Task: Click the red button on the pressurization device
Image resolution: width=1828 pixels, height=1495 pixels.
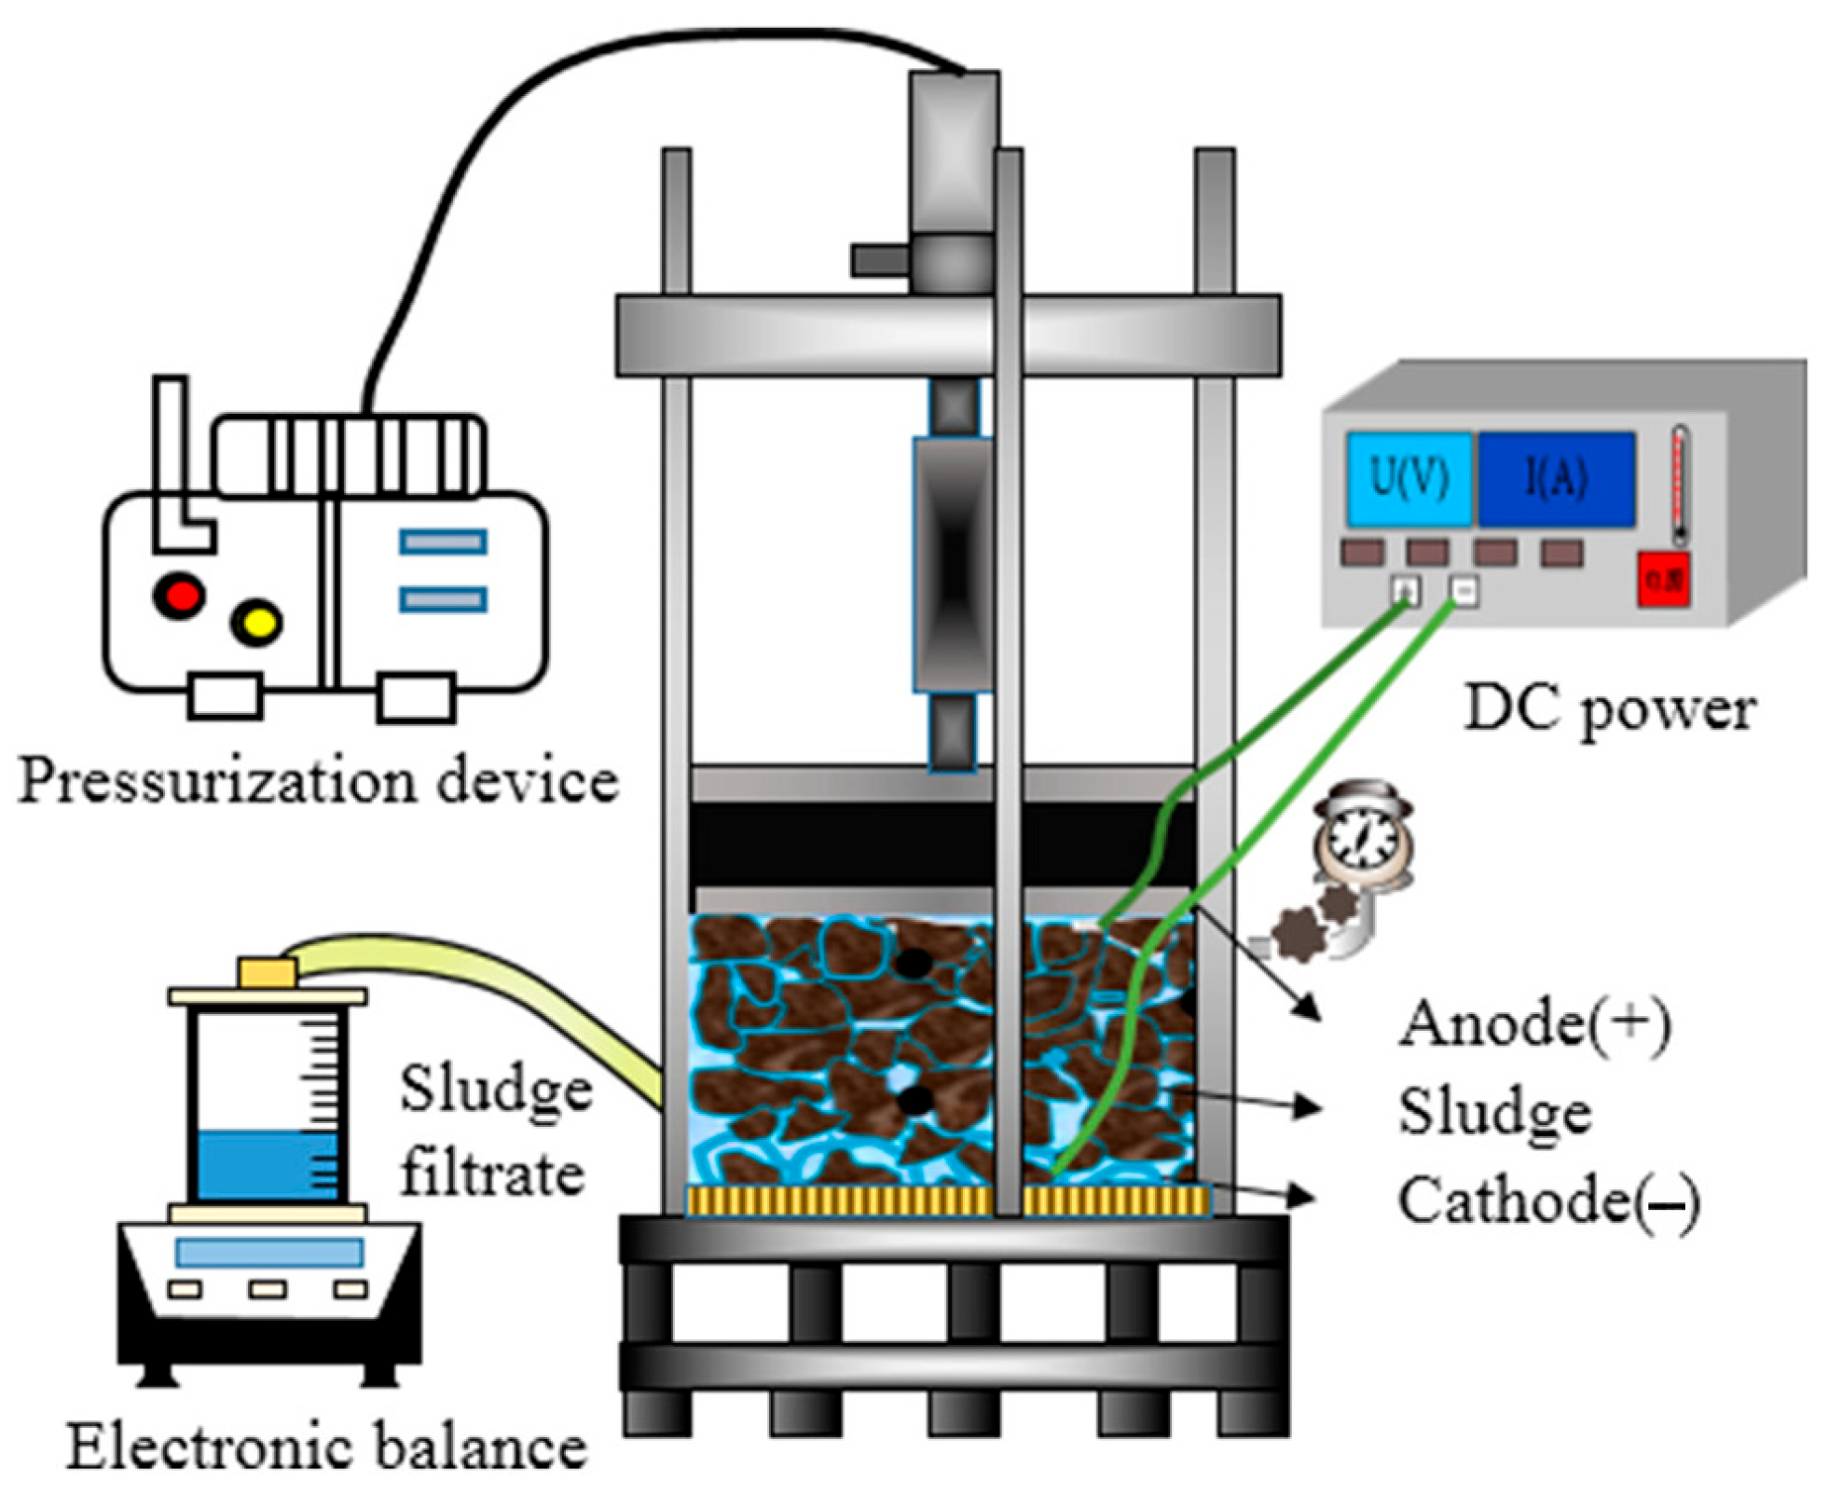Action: tap(179, 595)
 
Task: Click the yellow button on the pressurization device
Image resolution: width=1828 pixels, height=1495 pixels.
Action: tap(256, 622)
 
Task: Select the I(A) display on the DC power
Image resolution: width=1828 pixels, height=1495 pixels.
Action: tap(1554, 479)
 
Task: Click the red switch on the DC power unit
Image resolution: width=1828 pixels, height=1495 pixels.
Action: tap(1662, 581)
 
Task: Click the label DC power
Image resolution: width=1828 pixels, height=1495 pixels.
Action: tap(1609, 710)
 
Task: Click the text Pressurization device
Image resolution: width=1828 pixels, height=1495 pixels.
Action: tap(318, 781)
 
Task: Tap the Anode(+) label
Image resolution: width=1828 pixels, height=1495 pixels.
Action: tap(1532, 1023)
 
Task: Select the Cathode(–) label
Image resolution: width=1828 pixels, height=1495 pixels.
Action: tap(1547, 1200)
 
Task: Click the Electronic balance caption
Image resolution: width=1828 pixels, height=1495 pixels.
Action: tap(326, 1447)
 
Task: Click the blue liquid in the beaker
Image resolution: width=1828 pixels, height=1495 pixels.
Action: tap(267, 1165)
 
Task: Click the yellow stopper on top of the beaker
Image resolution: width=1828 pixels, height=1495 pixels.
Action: tap(267, 972)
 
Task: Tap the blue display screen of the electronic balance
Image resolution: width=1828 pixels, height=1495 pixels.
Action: tap(268, 1252)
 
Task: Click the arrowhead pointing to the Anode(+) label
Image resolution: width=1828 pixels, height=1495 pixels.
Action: tap(1310, 1008)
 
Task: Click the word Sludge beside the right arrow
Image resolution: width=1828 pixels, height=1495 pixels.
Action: tap(1493, 1112)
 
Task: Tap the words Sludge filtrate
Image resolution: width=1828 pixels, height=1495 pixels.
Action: tap(495, 1130)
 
